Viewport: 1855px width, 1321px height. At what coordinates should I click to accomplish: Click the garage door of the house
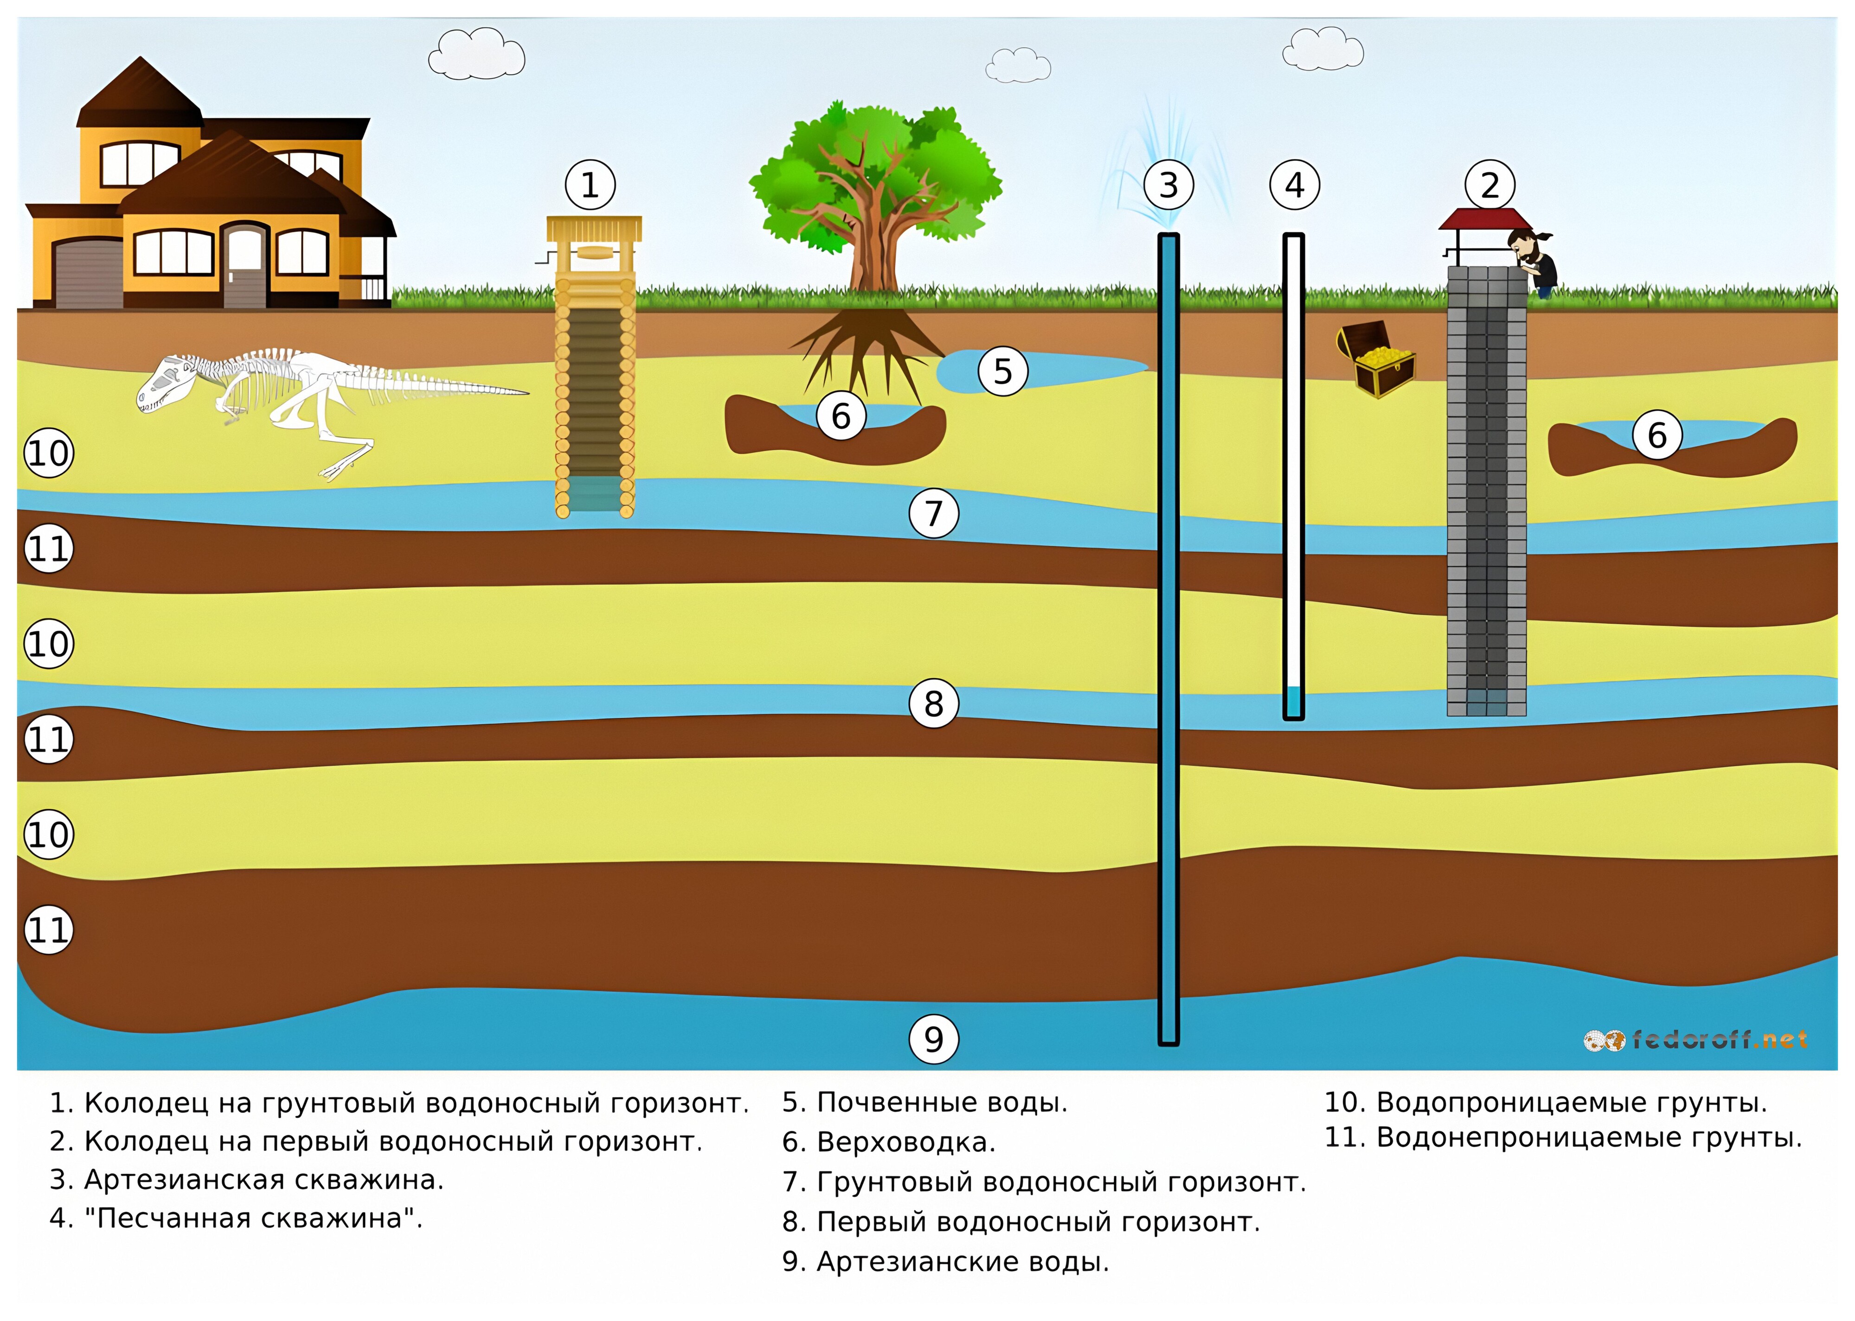pyautogui.click(x=87, y=274)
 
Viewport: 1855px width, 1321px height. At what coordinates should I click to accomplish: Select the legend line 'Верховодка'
pyautogui.click(x=888, y=1142)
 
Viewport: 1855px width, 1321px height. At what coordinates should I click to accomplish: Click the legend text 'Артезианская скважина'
pyautogui.click(x=246, y=1180)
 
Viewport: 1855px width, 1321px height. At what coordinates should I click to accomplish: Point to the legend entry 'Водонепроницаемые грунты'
pyautogui.click(x=1563, y=1137)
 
